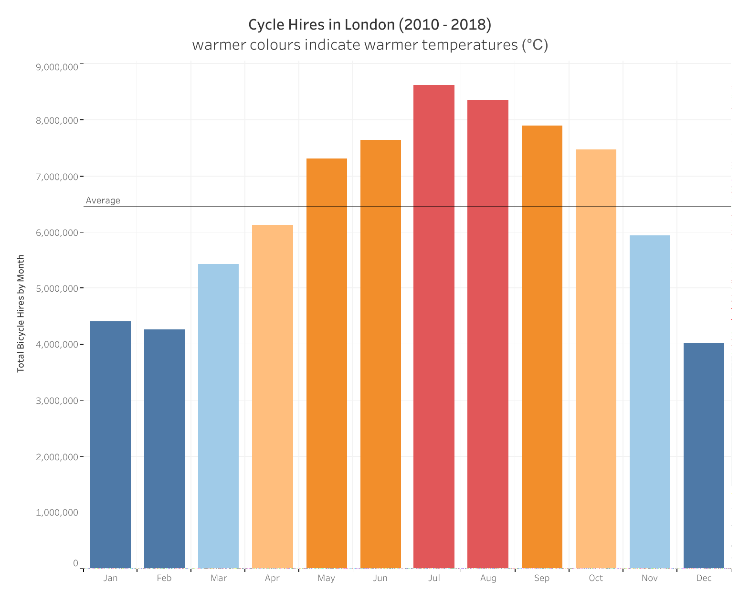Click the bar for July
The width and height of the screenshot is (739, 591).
[434, 327]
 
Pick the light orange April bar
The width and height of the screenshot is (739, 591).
[272, 396]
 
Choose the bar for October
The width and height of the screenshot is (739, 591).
[596, 359]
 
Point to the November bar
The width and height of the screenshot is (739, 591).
[650, 401]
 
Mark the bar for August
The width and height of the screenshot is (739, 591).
[488, 334]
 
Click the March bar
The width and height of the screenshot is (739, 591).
[218, 416]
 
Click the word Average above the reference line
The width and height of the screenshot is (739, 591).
[103, 201]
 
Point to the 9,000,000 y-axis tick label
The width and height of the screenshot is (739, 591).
[57, 67]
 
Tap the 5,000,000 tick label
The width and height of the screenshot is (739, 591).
[57, 288]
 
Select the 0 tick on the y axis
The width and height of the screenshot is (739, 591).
[75, 563]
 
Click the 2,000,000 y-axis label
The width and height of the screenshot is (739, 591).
[57, 457]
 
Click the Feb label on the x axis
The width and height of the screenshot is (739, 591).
[164, 578]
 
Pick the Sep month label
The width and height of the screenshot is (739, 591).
[542, 578]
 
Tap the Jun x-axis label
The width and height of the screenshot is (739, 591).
[380, 578]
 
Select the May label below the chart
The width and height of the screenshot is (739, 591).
[326, 578]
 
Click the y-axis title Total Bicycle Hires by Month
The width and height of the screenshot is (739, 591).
[21, 314]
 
